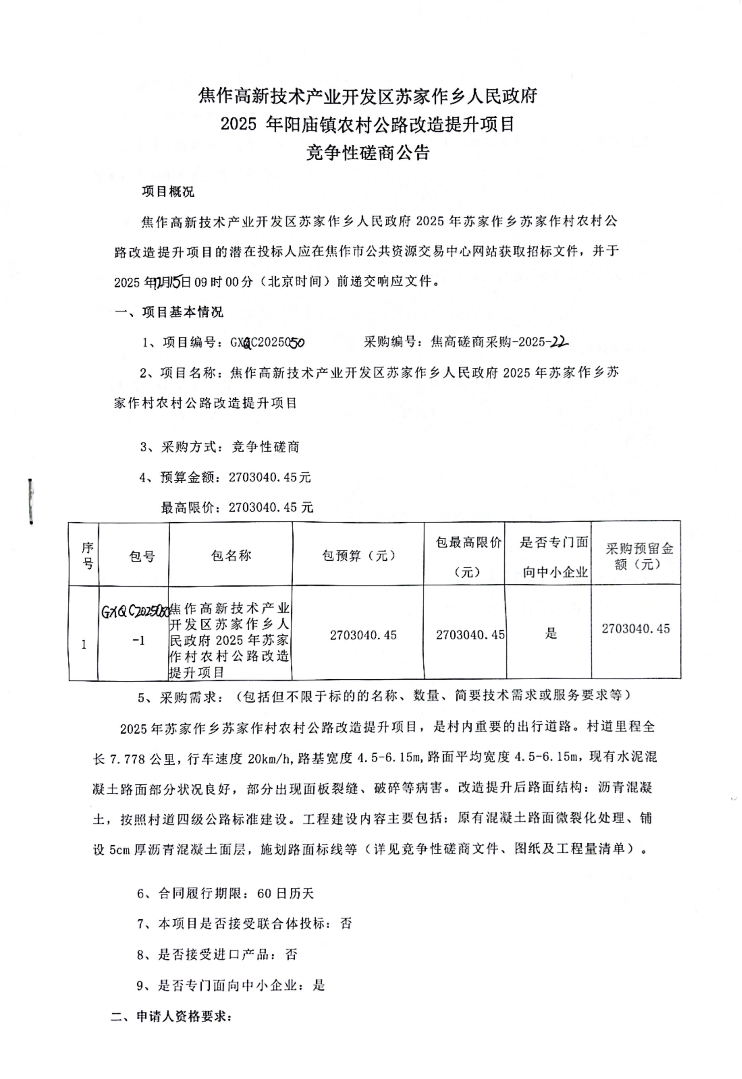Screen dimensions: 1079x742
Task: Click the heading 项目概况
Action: tap(168, 192)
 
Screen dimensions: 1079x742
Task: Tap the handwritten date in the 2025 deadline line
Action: tap(168, 282)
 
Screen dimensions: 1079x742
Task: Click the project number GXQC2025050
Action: tap(267, 342)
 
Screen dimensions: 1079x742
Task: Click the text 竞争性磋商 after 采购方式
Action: tap(266, 447)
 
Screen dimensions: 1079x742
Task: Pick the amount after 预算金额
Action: tap(269, 477)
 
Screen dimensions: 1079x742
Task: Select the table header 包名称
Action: tap(231, 555)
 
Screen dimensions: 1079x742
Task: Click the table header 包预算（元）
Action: tap(359, 555)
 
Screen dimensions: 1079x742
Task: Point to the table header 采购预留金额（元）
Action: tap(639, 556)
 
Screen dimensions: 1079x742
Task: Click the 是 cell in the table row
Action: tap(551, 633)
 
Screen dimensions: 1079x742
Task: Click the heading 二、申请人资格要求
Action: tap(171, 1016)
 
